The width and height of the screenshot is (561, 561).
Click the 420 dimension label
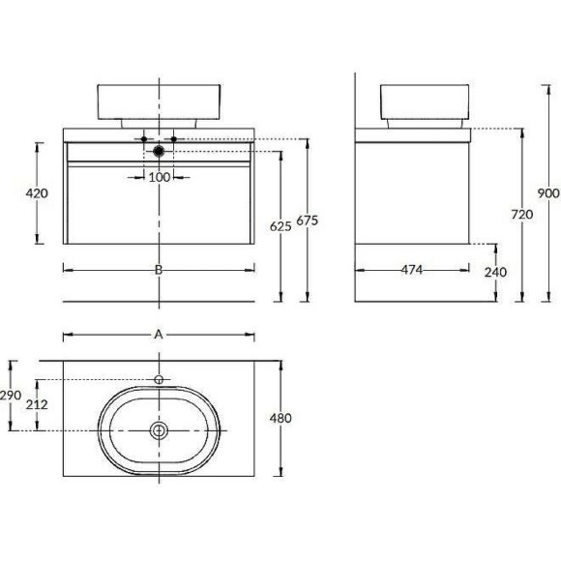pyautogui.click(x=37, y=193)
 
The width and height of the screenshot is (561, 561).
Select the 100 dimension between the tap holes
pyautogui.click(x=160, y=177)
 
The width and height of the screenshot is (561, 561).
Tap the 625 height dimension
pyautogui.click(x=280, y=226)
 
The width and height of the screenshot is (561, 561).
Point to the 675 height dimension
pyautogui.click(x=307, y=221)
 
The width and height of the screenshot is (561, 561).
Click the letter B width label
pyautogui.click(x=159, y=270)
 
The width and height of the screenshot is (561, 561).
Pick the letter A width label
pyautogui.click(x=159, y=335)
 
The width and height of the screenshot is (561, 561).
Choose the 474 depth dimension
pyautogui.click(x=411, y=270)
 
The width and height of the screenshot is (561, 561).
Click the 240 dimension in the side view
pyautogui.click(x=495, y=272)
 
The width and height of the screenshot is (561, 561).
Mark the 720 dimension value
pyautogui.click(x=522, y=215)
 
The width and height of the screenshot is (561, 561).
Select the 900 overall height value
pyautogui.click(x=548, y=193)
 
